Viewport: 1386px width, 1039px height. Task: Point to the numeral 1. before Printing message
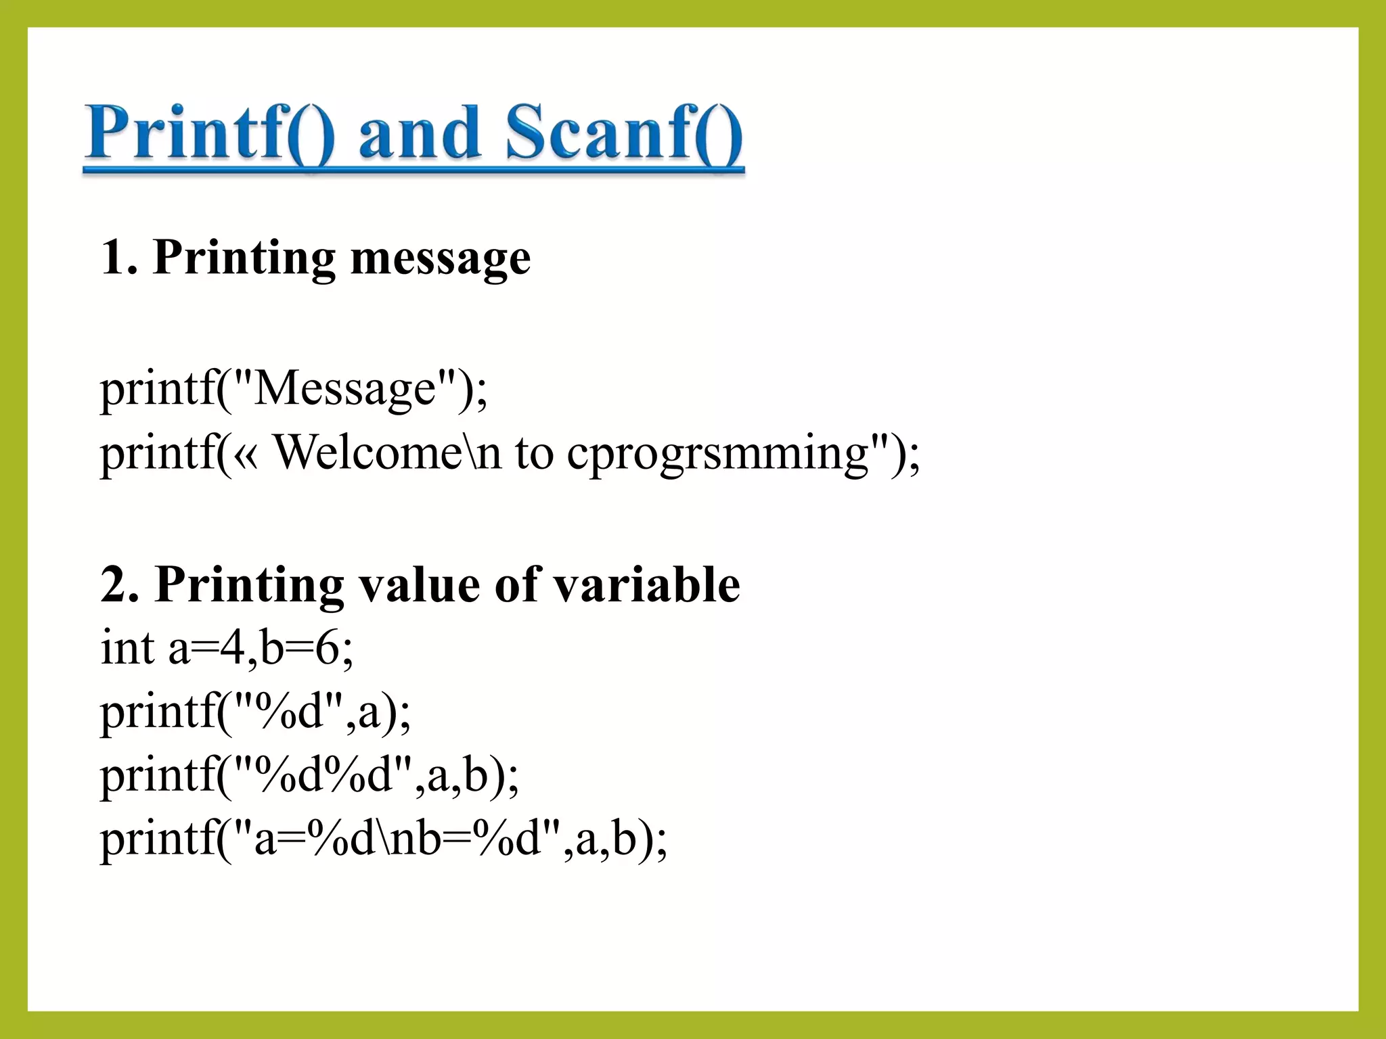pyautogui.click(x=119, y=258)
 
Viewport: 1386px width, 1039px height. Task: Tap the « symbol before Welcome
pyautogui.click(x=247, y=454)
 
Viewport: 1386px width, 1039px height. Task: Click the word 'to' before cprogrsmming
pyautogui.click(x=534, y=453)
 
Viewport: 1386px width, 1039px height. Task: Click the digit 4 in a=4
pyautogui.click(x=232, y=647)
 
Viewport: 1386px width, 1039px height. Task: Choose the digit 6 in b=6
pyautogui.click(x=327, y=647)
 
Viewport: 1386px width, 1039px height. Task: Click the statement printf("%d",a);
pyautogui.click(x=255, y=712)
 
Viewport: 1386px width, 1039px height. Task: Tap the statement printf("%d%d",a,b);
pyautogui.click(x=309, y=775)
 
